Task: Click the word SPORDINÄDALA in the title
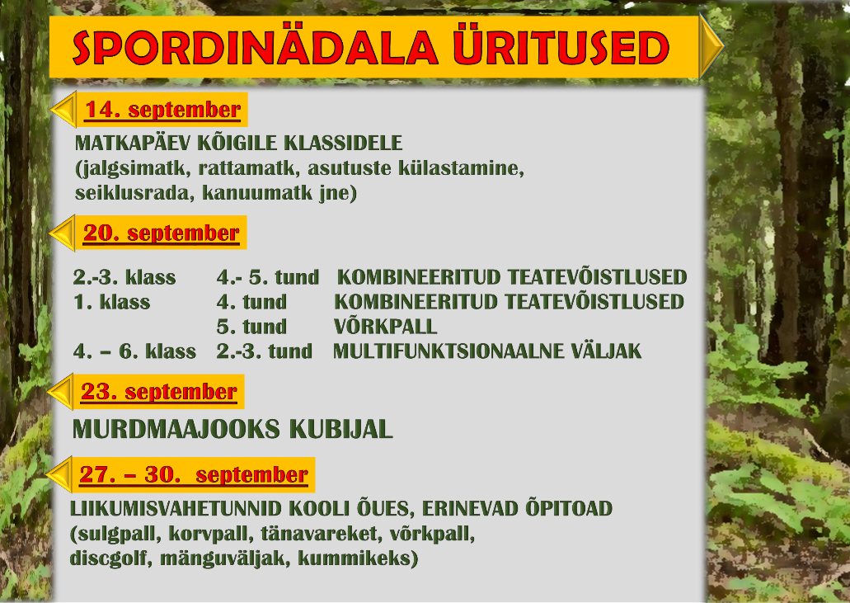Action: [x=255, y=48]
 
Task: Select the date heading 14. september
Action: [x=162, y=110]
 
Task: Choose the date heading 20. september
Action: [x=161, y=233]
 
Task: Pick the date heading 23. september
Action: [x=159, y=392]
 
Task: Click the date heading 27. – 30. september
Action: [x=194, y=474]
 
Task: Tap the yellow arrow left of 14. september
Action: [x=63, y=110]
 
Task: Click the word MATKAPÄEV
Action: [x=133, y=144]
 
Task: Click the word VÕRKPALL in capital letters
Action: [x=386, y=327]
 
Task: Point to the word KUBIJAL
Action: [x=341, y=430]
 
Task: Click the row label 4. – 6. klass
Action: [x=134, y=351]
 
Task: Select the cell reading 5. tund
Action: [x=251, y=327]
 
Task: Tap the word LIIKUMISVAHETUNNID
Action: [x=176, y=509]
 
